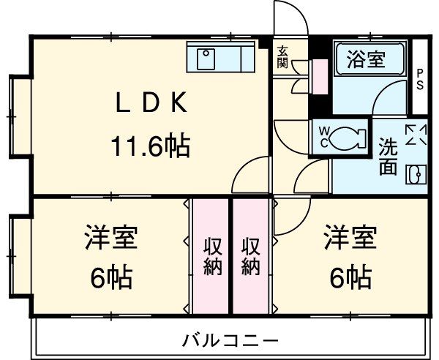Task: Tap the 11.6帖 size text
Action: click(151, 146)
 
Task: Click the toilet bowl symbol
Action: click(350, 136)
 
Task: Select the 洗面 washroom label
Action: click(388, 156)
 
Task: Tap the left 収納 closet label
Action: click(211, 256)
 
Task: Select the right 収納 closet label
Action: click(250, 256)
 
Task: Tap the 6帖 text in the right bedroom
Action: click(350, 277)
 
